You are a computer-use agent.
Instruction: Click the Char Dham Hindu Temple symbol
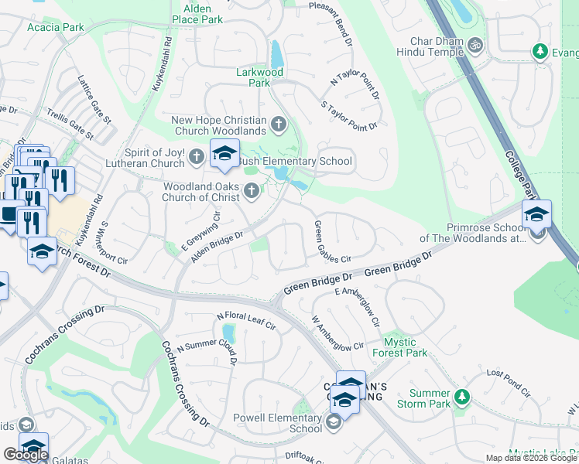[476, 45]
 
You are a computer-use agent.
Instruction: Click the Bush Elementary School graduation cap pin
[224, 154]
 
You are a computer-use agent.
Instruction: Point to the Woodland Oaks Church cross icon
[251, 190]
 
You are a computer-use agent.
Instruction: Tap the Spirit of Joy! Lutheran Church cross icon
[197, 158]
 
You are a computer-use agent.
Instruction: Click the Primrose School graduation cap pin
[536, 215]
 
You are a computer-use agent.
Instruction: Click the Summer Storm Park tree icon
[462, 397]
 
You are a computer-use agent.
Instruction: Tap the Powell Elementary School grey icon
[334, 421]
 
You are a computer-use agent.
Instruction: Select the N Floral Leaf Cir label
[246, 320]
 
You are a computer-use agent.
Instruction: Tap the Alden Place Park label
[197, 12]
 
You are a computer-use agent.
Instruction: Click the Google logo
[26, 455]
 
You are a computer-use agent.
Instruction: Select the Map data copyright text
[532, 458]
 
